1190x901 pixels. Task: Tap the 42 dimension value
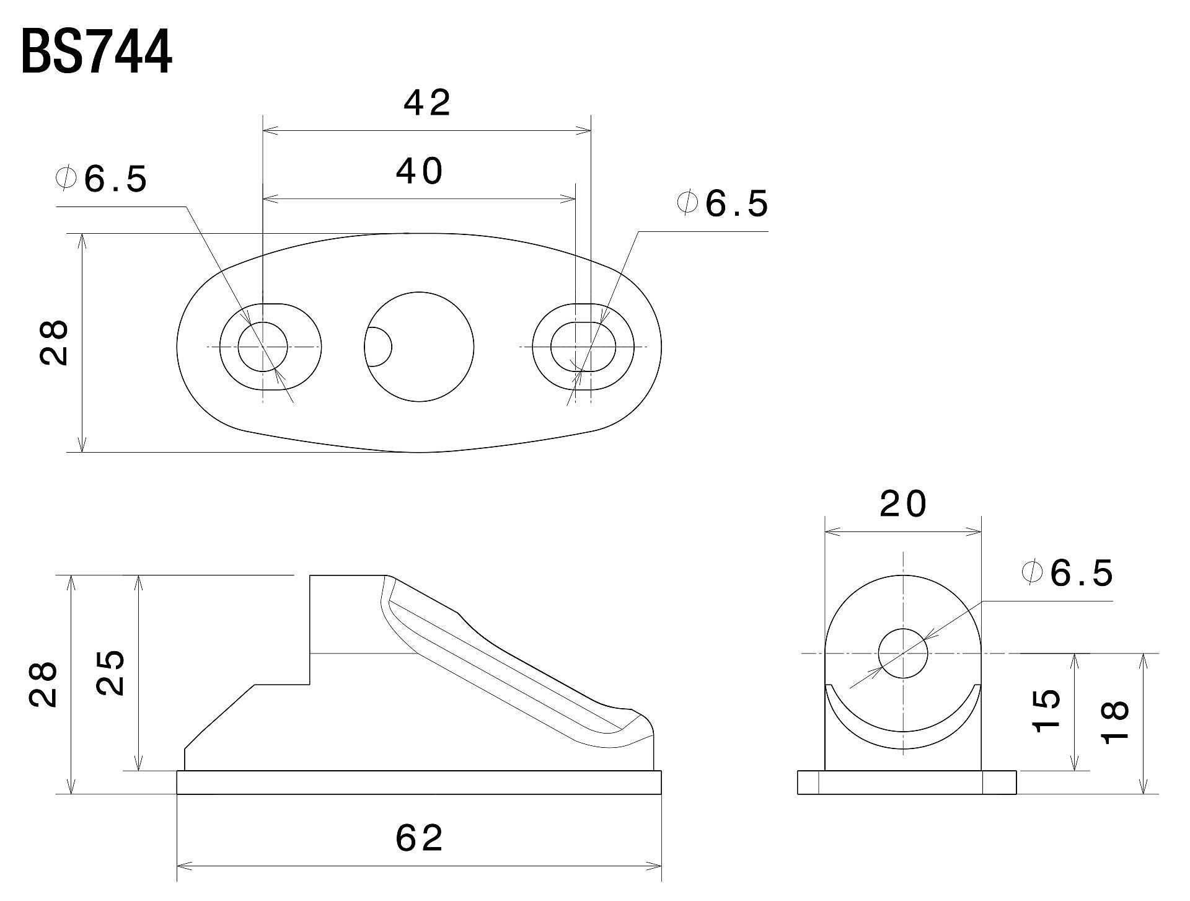(x=427, y=103)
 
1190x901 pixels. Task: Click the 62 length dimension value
(x=420, y=838)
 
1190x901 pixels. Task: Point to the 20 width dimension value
(x=903, y=505)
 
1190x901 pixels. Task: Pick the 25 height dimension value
(x=112, y=673)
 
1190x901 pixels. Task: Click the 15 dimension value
(x=1047, y=710)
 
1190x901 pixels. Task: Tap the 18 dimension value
(x=1114, y=721)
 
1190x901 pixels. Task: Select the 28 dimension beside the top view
(x=55, y=342)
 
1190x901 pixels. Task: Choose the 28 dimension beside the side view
(x=43, y=684)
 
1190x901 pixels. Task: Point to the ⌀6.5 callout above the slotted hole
(x=723, y=204)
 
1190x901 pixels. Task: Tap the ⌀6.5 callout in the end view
(x=1068, y=573)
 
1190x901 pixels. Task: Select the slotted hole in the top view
(x=583, y=347)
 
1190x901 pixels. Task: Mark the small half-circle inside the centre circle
(x=377, y=347)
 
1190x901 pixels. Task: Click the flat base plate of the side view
(x=419, y=782)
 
